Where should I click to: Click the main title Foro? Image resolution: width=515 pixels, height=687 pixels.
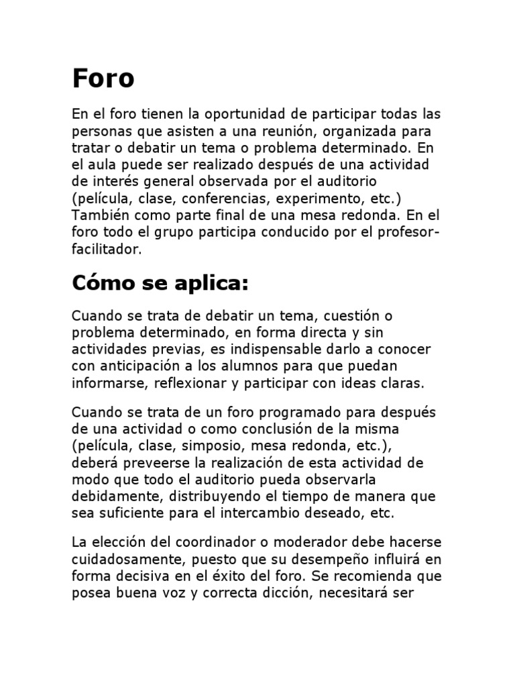(x=103, y=79)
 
